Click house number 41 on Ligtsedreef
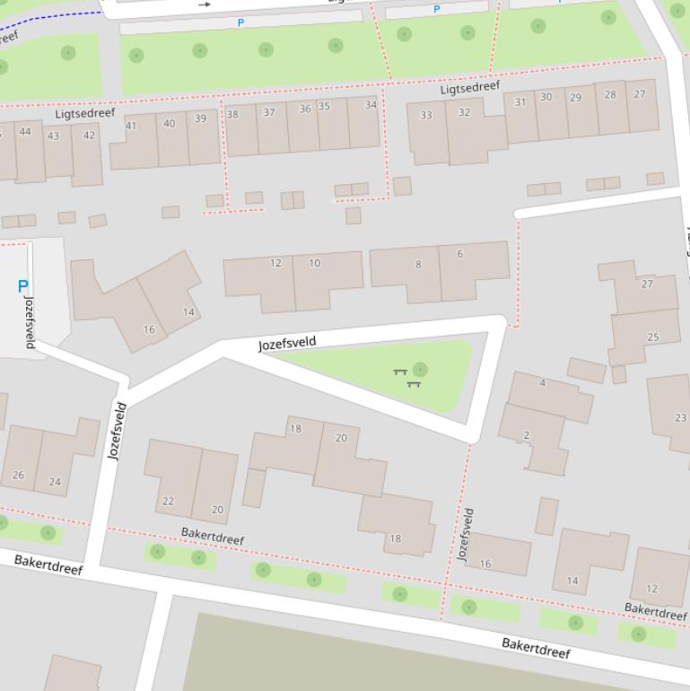click(131, 126)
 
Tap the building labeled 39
click(200, 118)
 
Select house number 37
click(269, 112)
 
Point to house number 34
click(371, 105)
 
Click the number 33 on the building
click(426, 115)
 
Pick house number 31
click(520, 102)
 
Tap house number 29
click(575, 98)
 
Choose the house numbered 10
click(315, 263)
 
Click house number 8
click(418, 265)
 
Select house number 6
click(460, 254)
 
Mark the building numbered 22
click(168, 501)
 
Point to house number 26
click(18, 475)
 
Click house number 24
click(55, 481)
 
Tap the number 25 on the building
click(652, 337)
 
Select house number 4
click(542, 383)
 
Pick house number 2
click(526, 435)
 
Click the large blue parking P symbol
click(22, 287)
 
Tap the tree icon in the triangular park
click(420, 370)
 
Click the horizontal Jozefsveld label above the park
click(287, 344)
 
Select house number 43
click(53, 136)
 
